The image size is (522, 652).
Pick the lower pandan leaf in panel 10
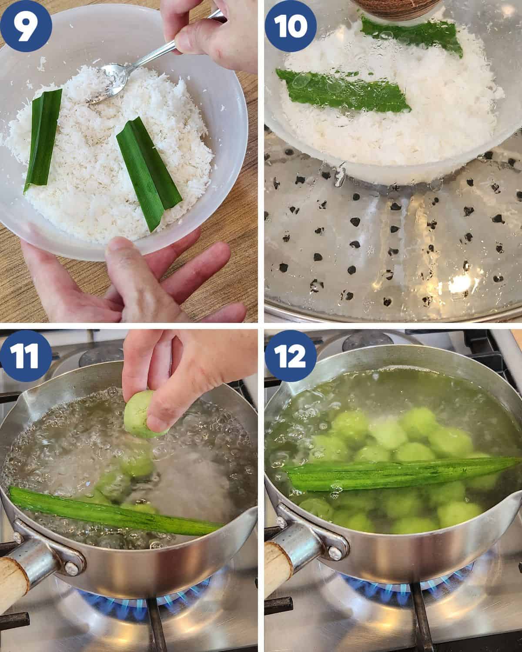point(344,89)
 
